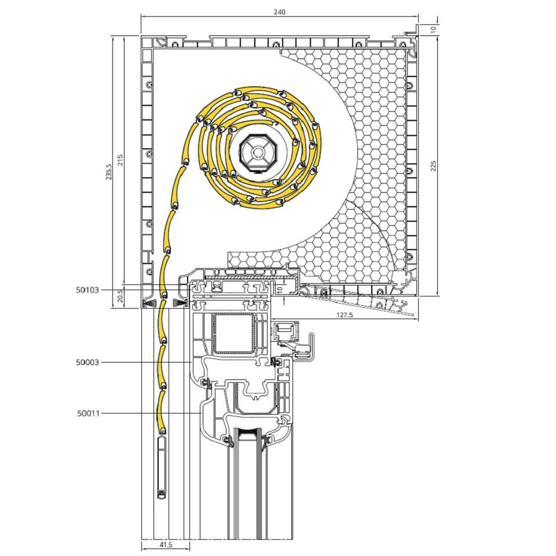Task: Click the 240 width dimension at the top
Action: (x=279, y=12)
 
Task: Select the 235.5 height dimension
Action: (x=108, y=171)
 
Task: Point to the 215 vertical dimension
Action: (x=120, y=160)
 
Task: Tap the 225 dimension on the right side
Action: (x=433, y=166)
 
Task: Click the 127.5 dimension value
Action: (x=344, y=314)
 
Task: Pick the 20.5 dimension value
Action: (x=120, y=296)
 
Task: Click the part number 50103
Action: (x=87, y=290)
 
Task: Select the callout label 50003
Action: (x=87, y=362)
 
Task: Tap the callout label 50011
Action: (x=88, y=413)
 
